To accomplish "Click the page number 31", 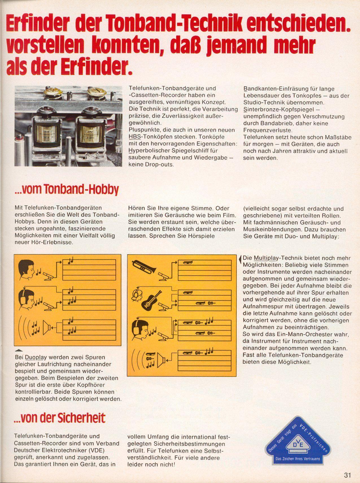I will [347, 475].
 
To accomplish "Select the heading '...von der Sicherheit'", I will [60, 418].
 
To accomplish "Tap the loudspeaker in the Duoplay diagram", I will [47, 328].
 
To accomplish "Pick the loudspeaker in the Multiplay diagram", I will [161, 360].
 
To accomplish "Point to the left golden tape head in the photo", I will [46, 131].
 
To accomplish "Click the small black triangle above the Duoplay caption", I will [19, 351].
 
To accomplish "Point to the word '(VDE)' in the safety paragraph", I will [96, 450].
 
